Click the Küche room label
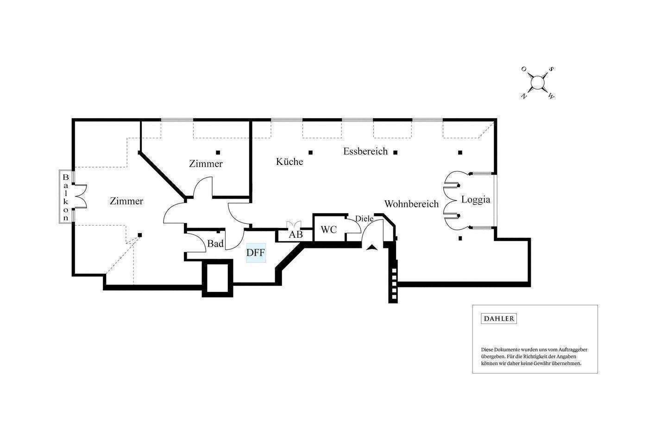tap(289, 162)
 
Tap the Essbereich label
tap(365, 152)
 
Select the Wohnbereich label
tap(411, 204)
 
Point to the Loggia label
tap(475, 200)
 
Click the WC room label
tap(329, 230)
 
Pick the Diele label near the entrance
tap(364, 219)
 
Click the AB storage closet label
tap(296, 235)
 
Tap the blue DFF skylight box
tap(256, 253)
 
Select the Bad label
tap(215, 244)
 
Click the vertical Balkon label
tap(66, 197)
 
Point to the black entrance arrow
tap(371, 247)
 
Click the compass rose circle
tap(537, 82)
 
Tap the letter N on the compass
tap(524, 96)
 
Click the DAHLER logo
tap(498, 319)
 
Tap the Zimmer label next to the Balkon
tap(126, 201)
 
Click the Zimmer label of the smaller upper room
tap(206, 164)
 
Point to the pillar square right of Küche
tap(311, 152)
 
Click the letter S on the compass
tap(551, 69)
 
